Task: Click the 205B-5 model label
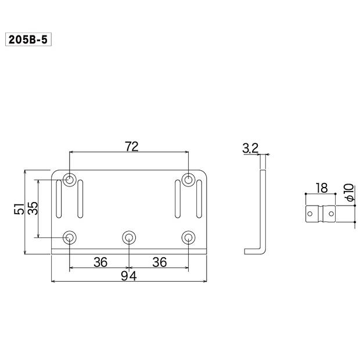tap(28, 39)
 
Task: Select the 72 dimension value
tap(132, 147)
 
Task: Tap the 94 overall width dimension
tap(129, 276)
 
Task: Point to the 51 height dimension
tap(19, 208)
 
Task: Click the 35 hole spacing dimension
tap(33, 208)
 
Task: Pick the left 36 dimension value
tap(100, 262)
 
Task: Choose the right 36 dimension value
tap(160, 262)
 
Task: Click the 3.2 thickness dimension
tap(250, 148)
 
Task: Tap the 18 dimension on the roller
tap(322, 188)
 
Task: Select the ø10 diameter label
tap(350, 192)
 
